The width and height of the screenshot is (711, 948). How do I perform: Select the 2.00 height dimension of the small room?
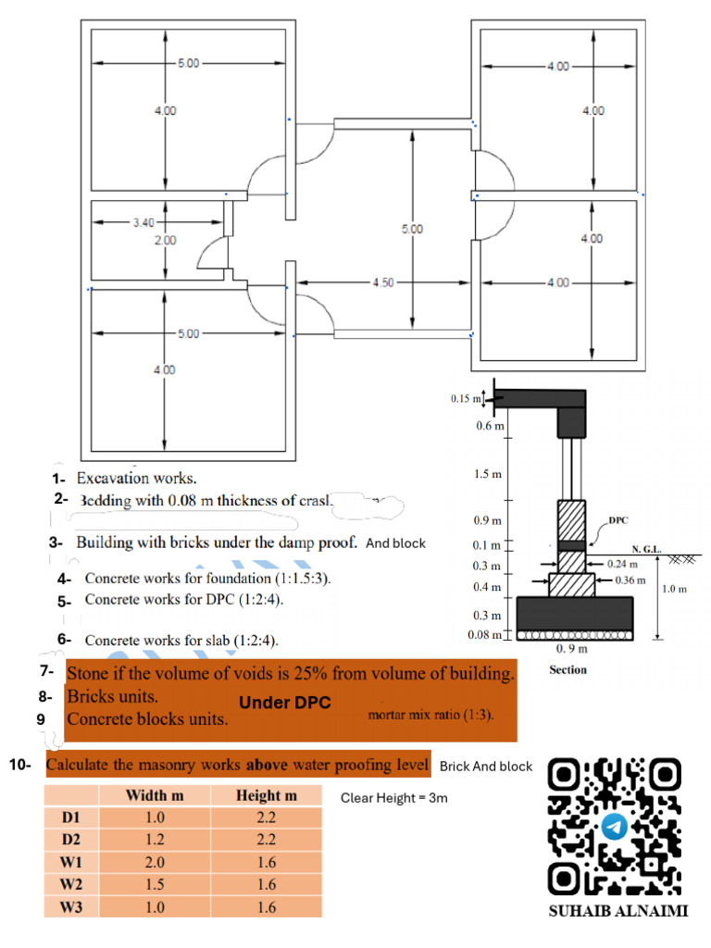click(164, 241)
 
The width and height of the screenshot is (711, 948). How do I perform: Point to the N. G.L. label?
click(645, 549)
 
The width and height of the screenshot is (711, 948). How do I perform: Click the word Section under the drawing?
click(568, 669)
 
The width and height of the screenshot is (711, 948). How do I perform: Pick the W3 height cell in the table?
click(266, 907)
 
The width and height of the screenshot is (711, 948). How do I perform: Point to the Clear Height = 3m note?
click(394, 797)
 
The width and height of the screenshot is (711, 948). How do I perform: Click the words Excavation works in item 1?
click(136, 479)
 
